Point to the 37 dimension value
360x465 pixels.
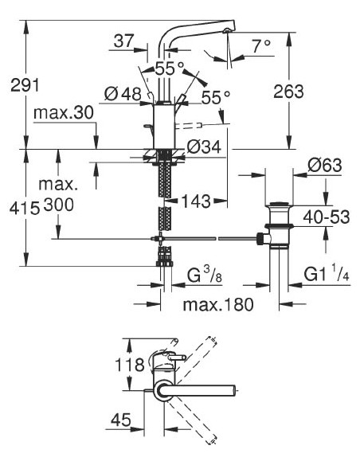pyautogui.click(x=123, y=42)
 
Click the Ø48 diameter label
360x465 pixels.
pyautogui.click(x=124, y=94)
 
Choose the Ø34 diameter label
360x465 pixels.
pyautogui.click(x=205, y=147)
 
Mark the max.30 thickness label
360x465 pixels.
pyautogui.click(x=64, y=112)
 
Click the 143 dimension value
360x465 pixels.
pyautogui.click(x=197, y=200)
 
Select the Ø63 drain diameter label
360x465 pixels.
pyautogui.click(x=324, y=166)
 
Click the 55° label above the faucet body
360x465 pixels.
pyautogui.click(x=169, y=68)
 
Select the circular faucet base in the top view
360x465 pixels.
pyautogui.click(x=164, y=389)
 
